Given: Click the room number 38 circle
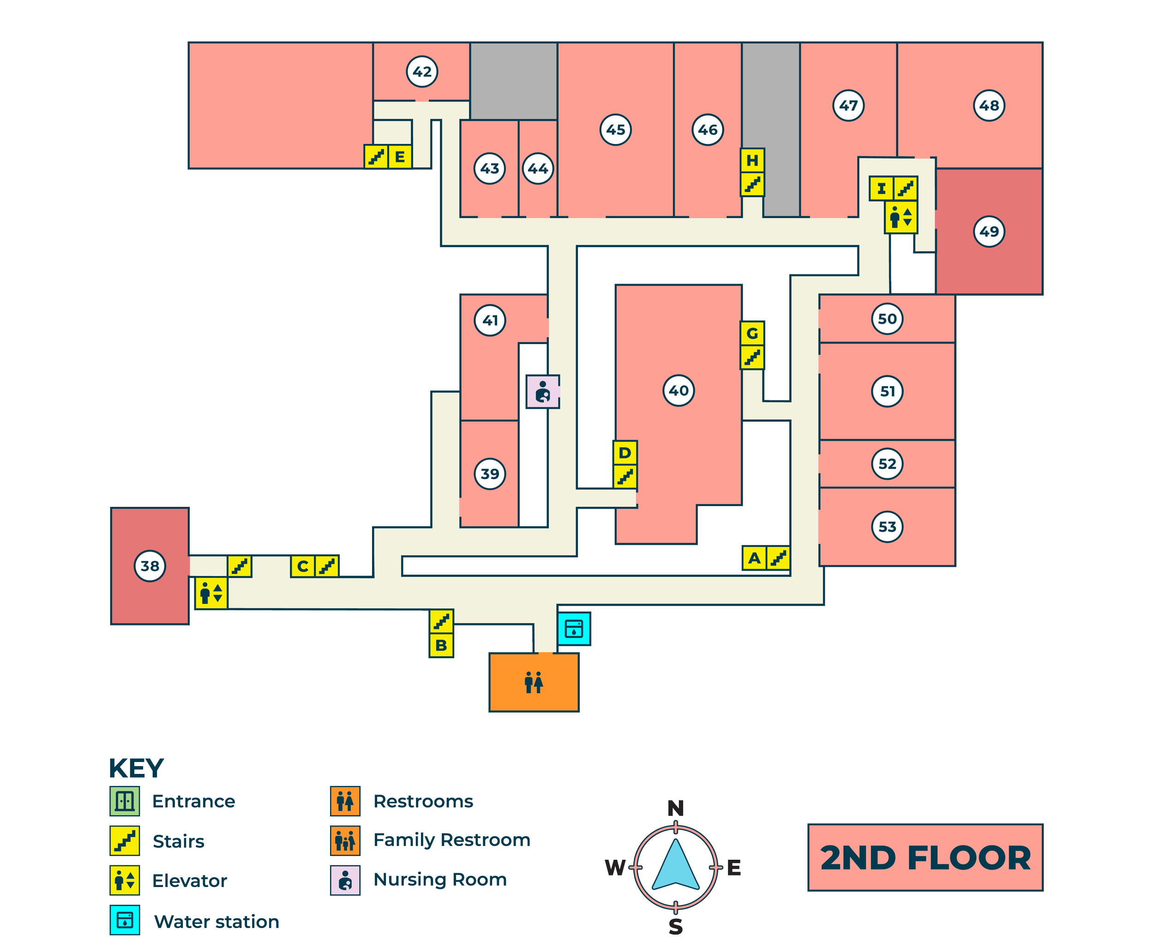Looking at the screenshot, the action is pos(150,566).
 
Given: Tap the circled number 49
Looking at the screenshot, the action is pos(989,231).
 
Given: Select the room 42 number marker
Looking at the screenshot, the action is pos(422,71).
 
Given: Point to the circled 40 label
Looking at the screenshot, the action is pos(678,390).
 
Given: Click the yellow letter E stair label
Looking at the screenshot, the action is pos(400,157).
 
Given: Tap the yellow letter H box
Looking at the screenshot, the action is pos(752,160).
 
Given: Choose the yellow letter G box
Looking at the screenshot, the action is pos(752,333).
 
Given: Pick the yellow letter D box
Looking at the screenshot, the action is pos(625,452).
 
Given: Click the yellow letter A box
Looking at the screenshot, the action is pos(754,558).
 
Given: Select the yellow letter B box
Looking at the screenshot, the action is pos(441,645).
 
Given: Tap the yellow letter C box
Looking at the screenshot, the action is pos(303,566).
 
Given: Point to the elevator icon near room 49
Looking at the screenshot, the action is pos(901,217).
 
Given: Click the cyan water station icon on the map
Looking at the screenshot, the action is pos(574,629).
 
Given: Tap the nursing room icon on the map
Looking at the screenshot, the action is pos(543,392).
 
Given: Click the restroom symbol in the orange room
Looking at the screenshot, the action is pos(534,682).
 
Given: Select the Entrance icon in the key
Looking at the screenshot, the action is pos(125,801).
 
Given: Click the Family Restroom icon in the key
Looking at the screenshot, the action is pos(345,840).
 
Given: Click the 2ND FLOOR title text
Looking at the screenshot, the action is pos(926,858).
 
